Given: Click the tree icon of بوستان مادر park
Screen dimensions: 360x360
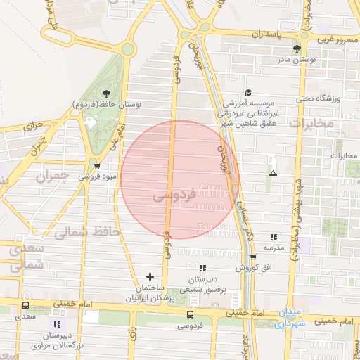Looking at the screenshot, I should (x=297, y=49).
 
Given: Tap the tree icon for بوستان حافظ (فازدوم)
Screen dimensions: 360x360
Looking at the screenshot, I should (x=105, y=93).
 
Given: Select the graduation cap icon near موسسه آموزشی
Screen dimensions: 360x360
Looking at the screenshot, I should (x=248, y=92).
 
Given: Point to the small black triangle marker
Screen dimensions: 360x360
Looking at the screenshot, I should (x=273, y=172).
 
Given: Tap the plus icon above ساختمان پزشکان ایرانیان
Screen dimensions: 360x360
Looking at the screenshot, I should (x=149, y=276).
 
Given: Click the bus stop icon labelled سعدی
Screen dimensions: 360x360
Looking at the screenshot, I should (x=26, y=306).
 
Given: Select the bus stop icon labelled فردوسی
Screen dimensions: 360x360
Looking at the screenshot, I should (x=190, y=314).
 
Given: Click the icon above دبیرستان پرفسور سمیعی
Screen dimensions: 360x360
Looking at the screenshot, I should (x=202, y=268).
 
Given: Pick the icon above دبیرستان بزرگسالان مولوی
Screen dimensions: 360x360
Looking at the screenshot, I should (x=56, y=323).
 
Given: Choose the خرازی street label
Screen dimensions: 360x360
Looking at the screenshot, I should (x=33, y=127).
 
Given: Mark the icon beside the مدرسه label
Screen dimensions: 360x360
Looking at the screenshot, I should (x=274, y=237).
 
